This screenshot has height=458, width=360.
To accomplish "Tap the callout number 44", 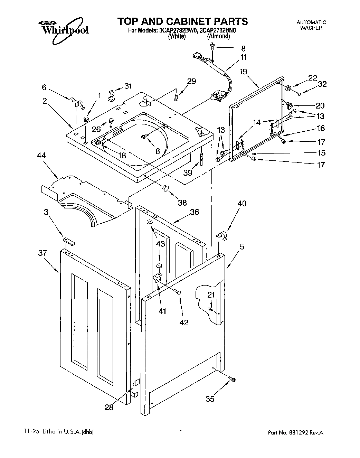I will coord(42,156).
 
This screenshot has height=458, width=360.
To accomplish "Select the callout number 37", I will coord(42,253).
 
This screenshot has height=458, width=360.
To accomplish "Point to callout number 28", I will coord(109,408).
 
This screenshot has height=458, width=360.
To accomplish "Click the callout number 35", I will coord(210,399).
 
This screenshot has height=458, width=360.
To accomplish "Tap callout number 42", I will coord(184,322).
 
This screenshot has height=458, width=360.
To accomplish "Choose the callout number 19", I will coord(243,72).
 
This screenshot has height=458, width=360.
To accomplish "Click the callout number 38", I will coord(182,203).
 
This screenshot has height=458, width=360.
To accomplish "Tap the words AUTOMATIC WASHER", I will coord(311,25).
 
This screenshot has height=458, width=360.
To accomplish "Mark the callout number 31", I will coord(128,86).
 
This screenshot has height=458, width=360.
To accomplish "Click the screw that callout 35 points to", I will coord(233,380).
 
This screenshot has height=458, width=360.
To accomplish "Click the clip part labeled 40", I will coord(221,236).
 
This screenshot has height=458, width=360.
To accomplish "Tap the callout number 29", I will coord(191,81).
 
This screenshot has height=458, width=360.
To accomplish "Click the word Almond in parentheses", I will coord(218,36).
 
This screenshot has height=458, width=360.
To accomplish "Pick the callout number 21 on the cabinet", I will coord(211,295).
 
